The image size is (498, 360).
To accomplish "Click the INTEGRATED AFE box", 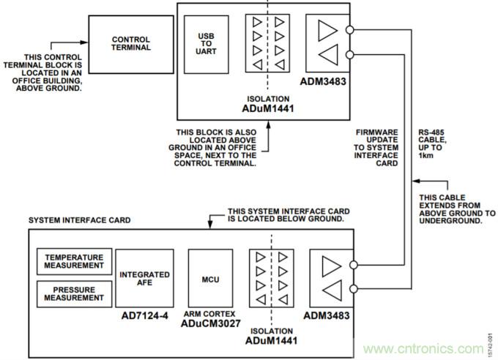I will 145,278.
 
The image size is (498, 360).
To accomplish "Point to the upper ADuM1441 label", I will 269,108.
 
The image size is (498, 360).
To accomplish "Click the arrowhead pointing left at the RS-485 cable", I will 415,179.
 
